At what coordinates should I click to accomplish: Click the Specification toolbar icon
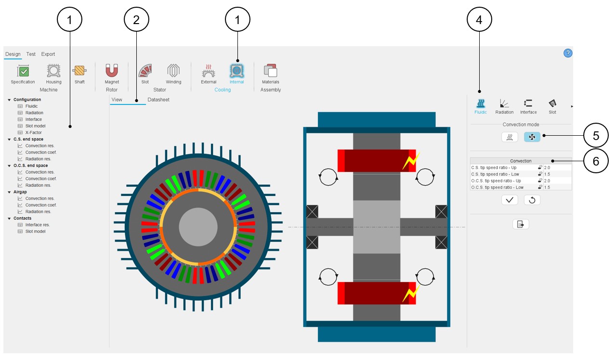point(23,72)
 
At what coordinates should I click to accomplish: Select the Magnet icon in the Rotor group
point(112,72)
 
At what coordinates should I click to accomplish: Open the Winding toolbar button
point(173,72)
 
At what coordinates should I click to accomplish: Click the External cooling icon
point(209,72)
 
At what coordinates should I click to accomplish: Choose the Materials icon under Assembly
point(270,72)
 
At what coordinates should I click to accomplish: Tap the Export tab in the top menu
point(48,54)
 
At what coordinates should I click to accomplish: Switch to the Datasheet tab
point(158,100)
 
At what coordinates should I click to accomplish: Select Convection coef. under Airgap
point(41,205)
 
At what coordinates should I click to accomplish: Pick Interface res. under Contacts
point(38,225)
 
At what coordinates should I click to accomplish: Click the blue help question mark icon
point(568,53)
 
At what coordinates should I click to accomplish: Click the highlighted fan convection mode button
point(532,137)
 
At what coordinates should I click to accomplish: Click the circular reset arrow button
point(532,200)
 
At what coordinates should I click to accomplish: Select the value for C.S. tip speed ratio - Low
point(547,174)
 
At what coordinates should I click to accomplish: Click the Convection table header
point(521,161)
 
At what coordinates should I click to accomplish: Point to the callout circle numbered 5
point(596,136)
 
